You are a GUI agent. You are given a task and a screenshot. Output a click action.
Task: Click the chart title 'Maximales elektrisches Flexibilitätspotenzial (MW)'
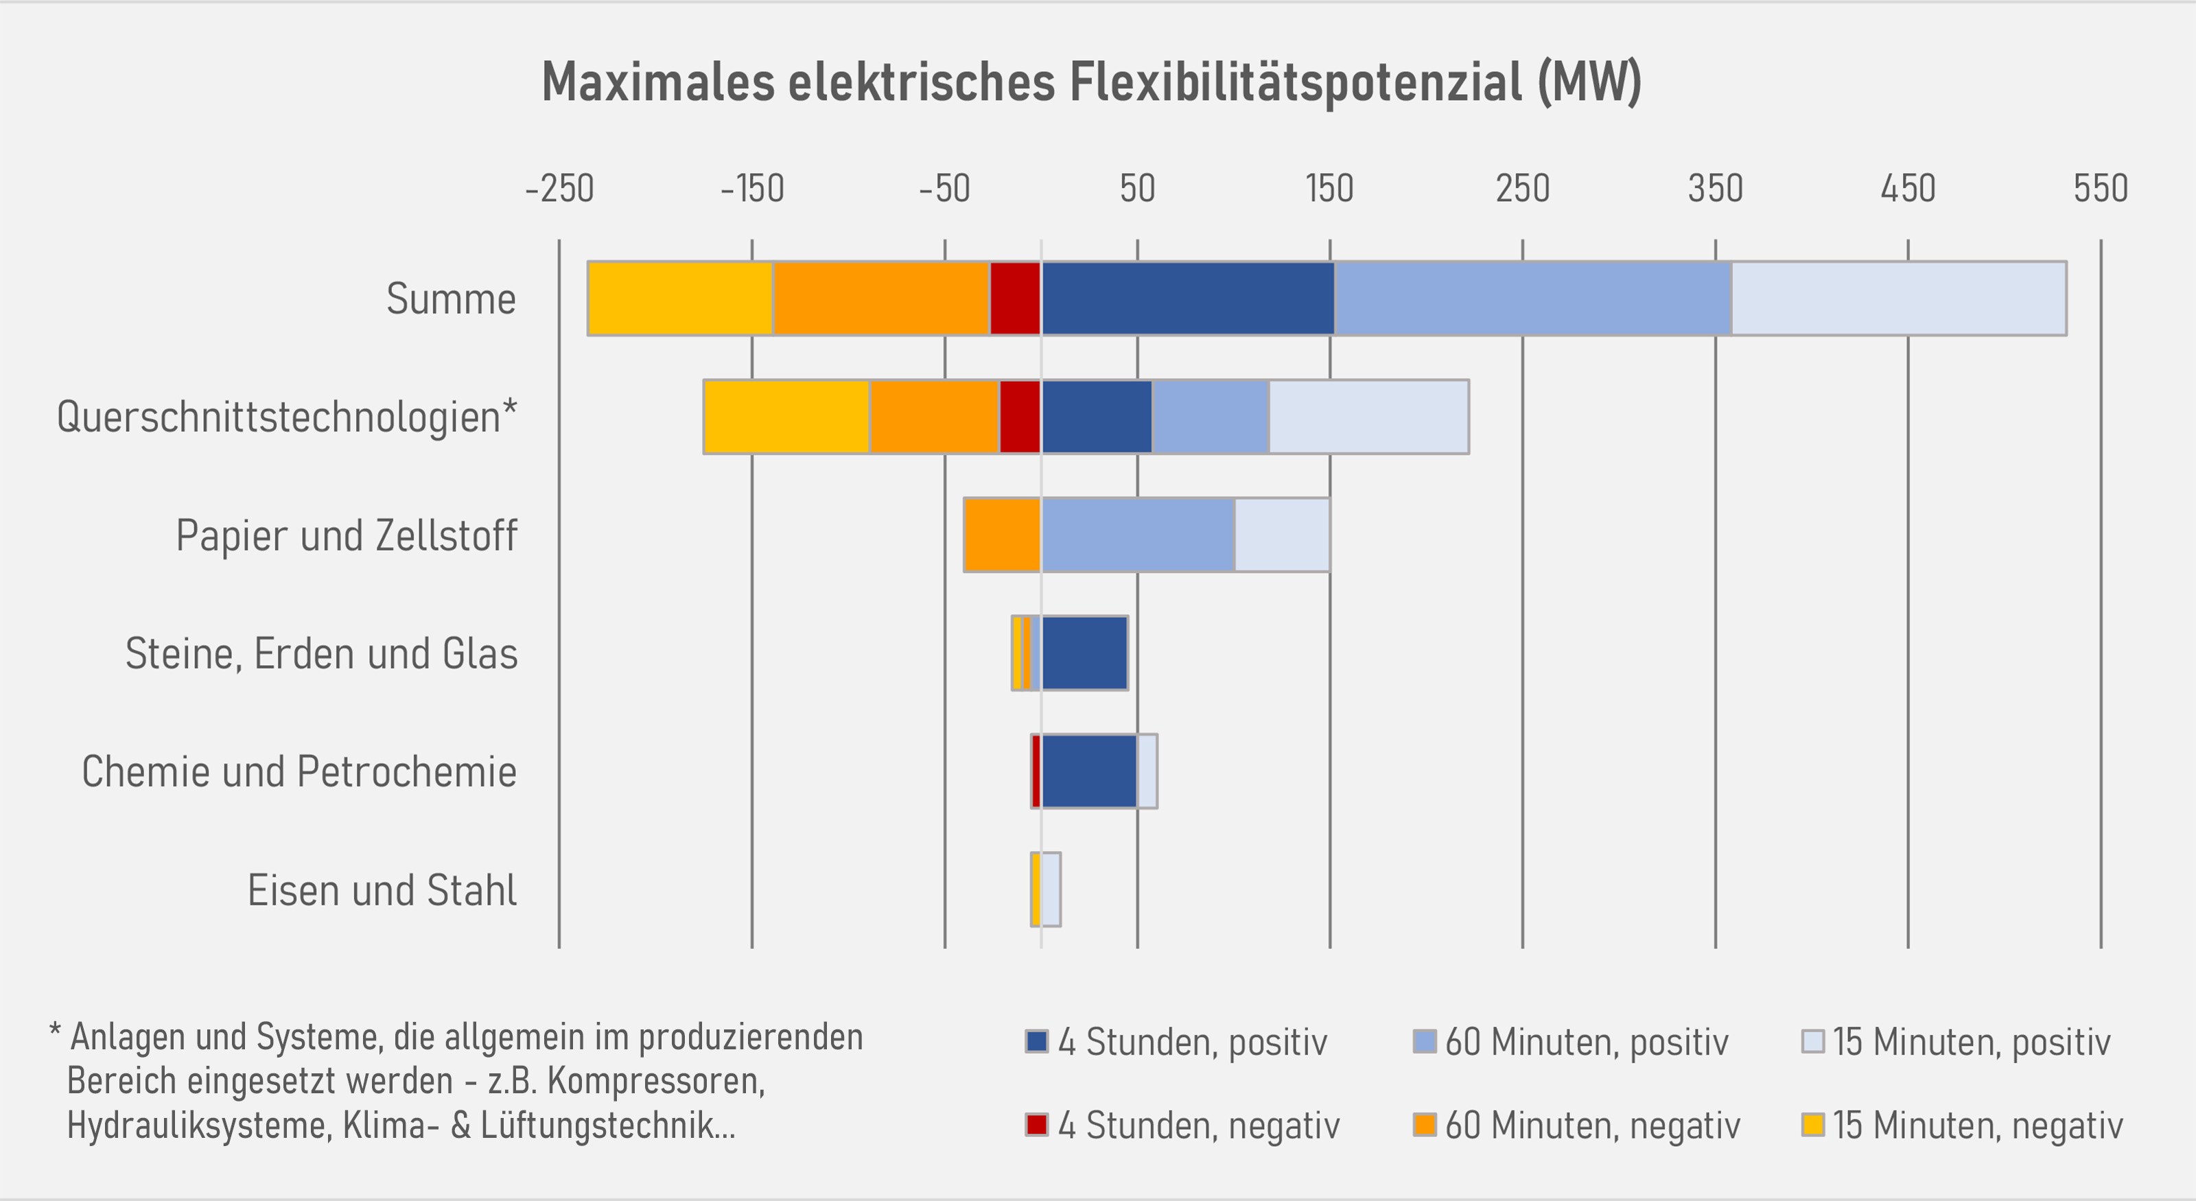point(1091,82)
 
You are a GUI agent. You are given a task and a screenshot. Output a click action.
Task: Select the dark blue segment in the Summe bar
point(1187,299)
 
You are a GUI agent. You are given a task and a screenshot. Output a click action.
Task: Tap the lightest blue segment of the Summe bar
point(1898,299)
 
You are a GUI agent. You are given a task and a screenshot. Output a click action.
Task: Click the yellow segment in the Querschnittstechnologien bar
point(786,417)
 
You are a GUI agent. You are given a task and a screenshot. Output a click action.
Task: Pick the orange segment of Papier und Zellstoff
point(1002,535)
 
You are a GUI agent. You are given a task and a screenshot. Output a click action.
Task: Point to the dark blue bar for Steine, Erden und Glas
point(1084,653)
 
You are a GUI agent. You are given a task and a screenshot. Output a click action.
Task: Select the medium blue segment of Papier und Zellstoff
point(1137,535)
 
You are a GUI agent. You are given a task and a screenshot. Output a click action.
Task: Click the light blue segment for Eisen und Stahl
point(1051,889)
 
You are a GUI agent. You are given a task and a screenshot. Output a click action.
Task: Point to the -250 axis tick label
point(559,188)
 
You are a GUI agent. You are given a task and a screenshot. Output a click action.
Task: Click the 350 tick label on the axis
point(1715,188)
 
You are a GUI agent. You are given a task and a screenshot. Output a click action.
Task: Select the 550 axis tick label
point(2101,188)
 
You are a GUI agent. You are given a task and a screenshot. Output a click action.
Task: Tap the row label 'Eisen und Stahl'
point(382,890)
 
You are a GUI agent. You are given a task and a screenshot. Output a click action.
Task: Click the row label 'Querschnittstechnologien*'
point(286,417)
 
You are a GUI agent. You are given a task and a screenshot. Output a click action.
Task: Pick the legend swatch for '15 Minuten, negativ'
point(1812,1124)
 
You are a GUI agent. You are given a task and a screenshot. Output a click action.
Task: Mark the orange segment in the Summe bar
point(880,299)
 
